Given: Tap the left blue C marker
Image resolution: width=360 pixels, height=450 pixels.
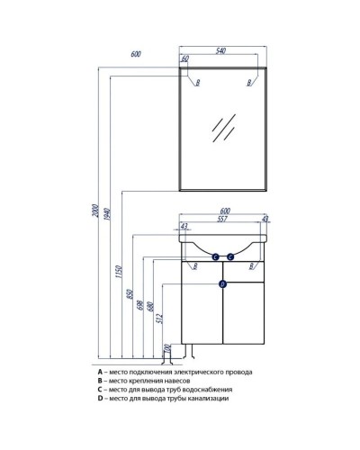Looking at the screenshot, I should pyautogui.click(x=216, y=257).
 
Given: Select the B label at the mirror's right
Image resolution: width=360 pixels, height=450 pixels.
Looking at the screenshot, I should pyautogui.click(x=249, y=83).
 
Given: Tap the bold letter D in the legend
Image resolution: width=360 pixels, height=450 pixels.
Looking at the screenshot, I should pyautogui.click(x=101, y=398).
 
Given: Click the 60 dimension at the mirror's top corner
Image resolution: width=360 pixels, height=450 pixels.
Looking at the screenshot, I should pyautogui.click(x=185, y=59).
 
